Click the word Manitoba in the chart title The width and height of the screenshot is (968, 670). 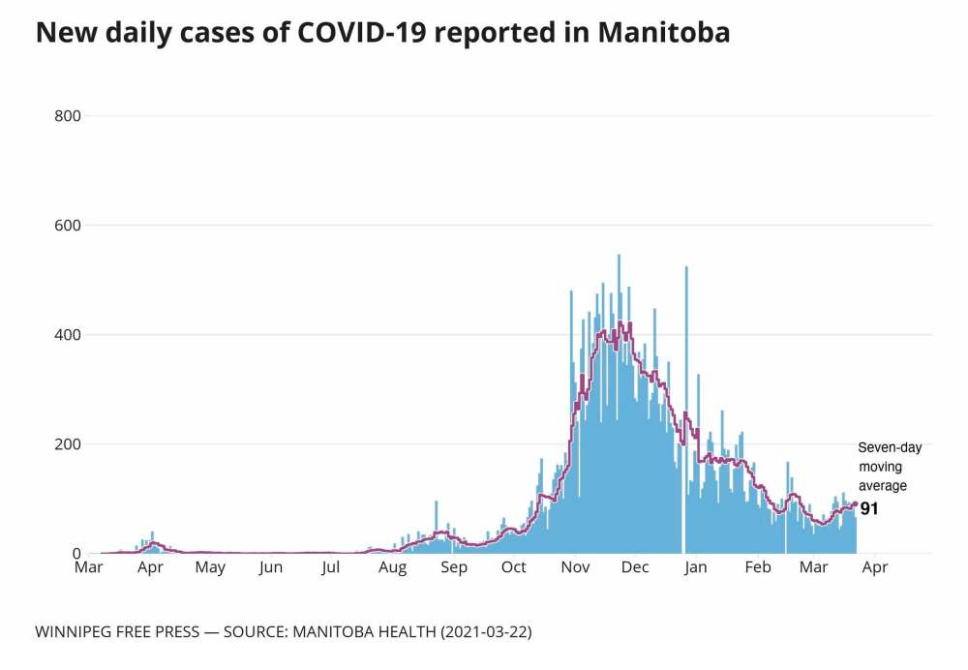pos(663,34)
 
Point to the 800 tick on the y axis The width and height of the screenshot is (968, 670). pos(67,116)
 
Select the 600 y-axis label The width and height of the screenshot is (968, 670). pos(67,226)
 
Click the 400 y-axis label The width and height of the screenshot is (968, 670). pos(67,335)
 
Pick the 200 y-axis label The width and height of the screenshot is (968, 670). pos(67,444)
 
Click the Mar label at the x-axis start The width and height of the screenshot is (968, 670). pos(88,568)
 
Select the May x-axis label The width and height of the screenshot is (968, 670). pos(210,568)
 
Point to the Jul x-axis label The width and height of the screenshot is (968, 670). pos(331,568)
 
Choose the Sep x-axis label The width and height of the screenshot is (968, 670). pos(453,568)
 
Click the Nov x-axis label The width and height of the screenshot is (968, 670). pos(575,568)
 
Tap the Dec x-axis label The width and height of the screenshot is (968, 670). pos(635,568)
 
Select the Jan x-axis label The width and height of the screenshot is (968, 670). pos(695,568)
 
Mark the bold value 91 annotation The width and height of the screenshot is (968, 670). pos(869,508)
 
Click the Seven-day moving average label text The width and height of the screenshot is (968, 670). pos(890,467)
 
